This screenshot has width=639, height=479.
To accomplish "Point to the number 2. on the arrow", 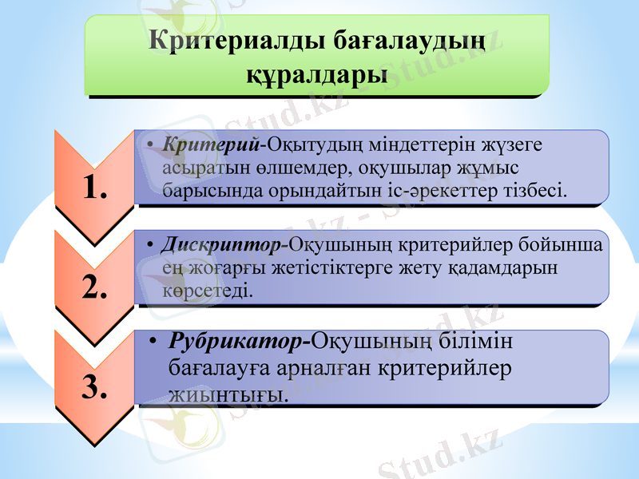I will pyautogui.click(x=94, y=287).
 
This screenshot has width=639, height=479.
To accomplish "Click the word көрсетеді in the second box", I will pyautogui.click(x=207, y=291).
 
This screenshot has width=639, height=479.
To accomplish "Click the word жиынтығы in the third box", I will pyautogui.click(x=228, y=394).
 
